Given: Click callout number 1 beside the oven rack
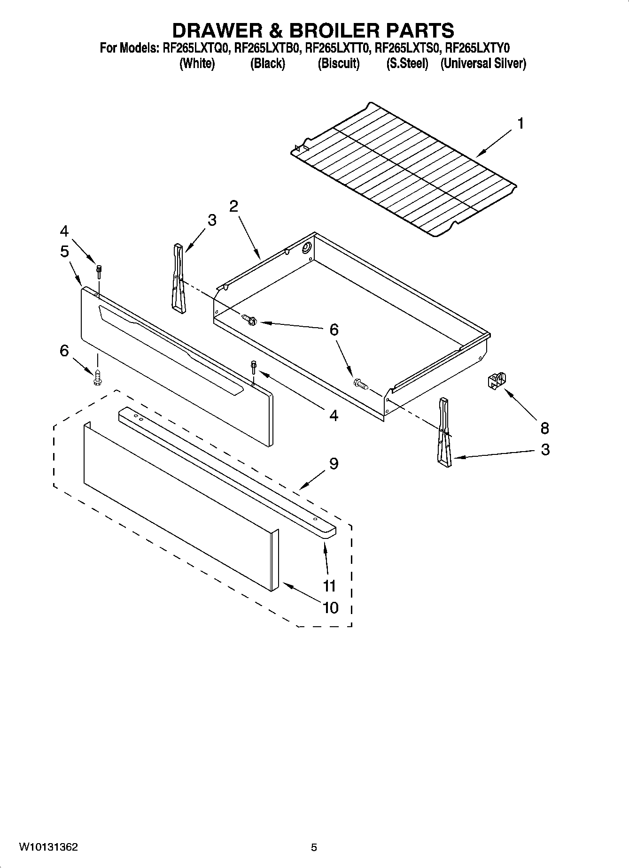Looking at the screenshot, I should click(x=520, y=123).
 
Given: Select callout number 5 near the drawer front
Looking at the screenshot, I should click(x=64, y=252).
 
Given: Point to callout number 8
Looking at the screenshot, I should click(x=544, y=428).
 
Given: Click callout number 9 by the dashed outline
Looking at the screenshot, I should click(x=334, y=463).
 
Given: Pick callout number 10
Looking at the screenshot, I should click(x=331, y=607).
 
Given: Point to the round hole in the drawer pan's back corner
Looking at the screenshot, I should click(x=307, y=248).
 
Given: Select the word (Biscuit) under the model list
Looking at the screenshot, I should click(x=338, y=63).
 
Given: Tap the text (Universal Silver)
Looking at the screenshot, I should click(x=483, y=63).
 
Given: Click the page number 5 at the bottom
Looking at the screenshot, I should click(x=314, y=847).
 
